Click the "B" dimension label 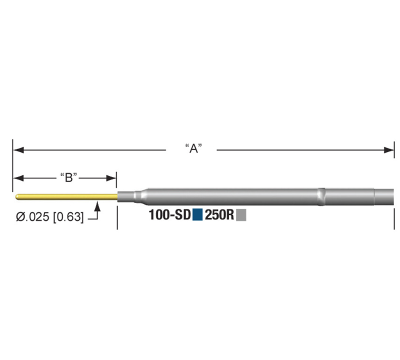pos(69,177)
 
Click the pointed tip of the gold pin pos(15,195)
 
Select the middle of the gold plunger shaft pos(65,195)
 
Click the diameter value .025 pos(35,215)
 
